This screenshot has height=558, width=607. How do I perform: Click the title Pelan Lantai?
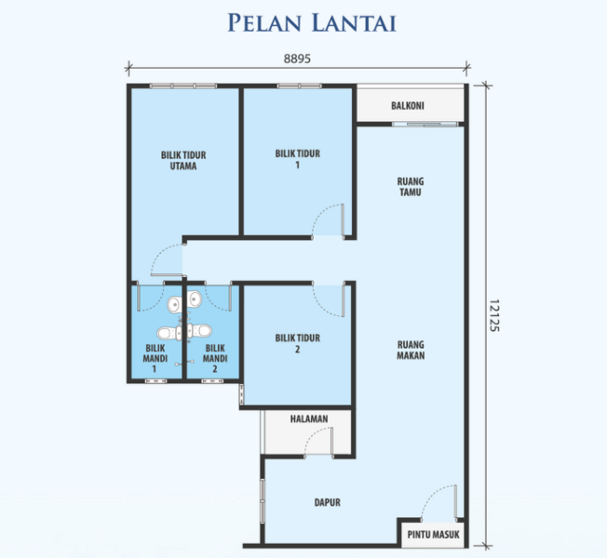click(x=312, y=22)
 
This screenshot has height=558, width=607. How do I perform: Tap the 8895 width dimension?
click(x=297, y=59)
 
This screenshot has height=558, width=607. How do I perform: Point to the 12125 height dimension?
click(x=494, y=315)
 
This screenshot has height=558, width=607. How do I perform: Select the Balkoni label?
click(x=407, y=106)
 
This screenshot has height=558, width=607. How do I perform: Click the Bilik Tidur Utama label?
click(x=183, y=161)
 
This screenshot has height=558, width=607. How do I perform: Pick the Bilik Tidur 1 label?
click(x=298, y=159)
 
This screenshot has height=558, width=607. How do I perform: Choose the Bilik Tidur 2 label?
click(x=298, y=343)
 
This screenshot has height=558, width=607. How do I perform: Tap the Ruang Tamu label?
click(x=411, y=187)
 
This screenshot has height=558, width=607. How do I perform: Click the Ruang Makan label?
click(x=411, y=350)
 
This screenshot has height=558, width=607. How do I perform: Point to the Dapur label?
click(x=328, y=502)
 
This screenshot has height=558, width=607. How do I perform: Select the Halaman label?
click(x=309, y=418)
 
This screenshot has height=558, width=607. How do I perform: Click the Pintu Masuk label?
click(x=433, y=535)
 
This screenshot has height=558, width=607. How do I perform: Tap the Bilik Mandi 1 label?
click(x=155, y=358)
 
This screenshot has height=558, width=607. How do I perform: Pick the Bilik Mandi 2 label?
click(x=215, y=358)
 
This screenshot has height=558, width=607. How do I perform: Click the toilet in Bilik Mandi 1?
click(x=169, y=333)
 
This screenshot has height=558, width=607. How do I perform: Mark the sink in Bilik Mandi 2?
click(x=195, y=299)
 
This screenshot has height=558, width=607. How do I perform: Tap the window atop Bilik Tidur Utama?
click(x=183, y=86)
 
